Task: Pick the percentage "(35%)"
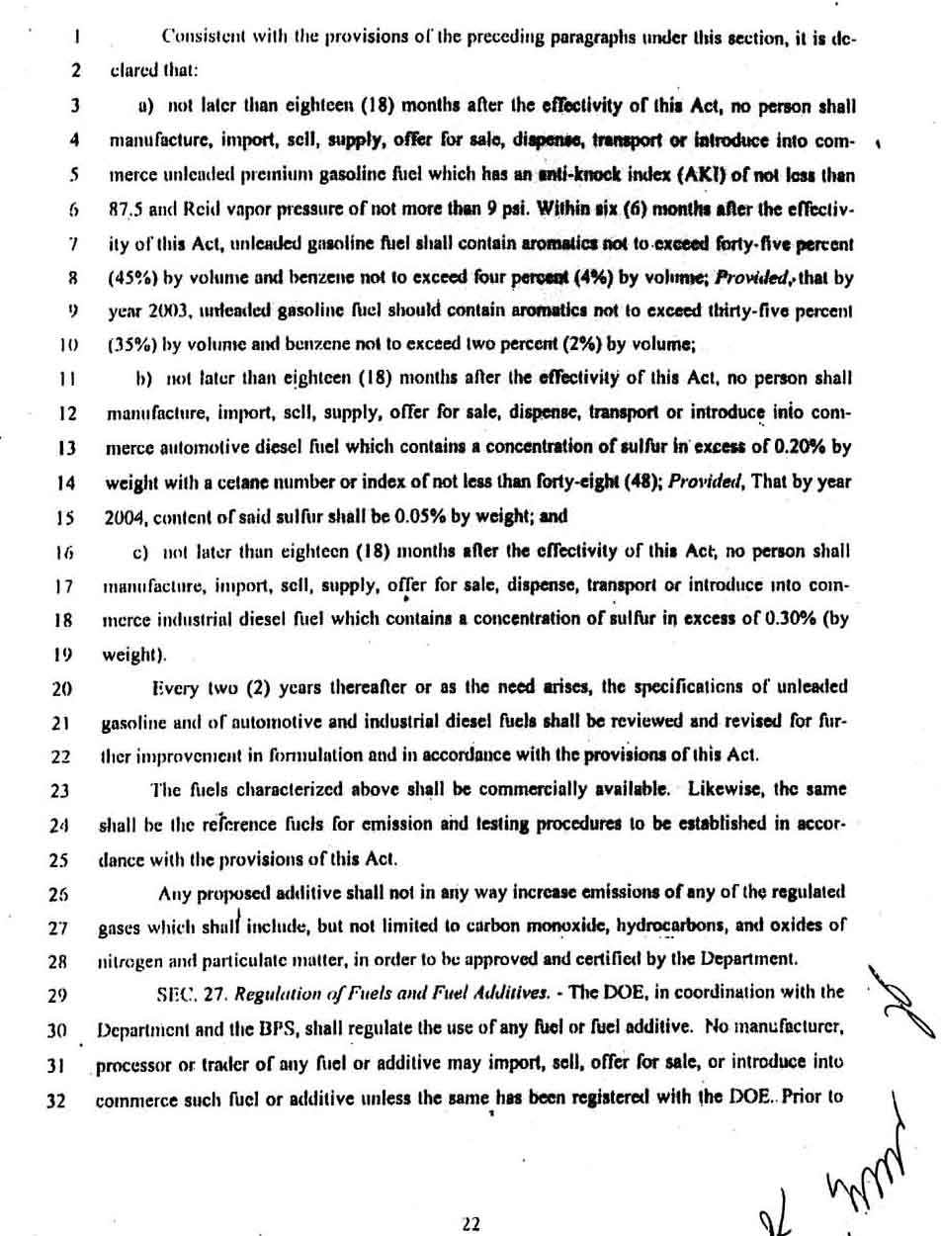click(127, 345)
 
